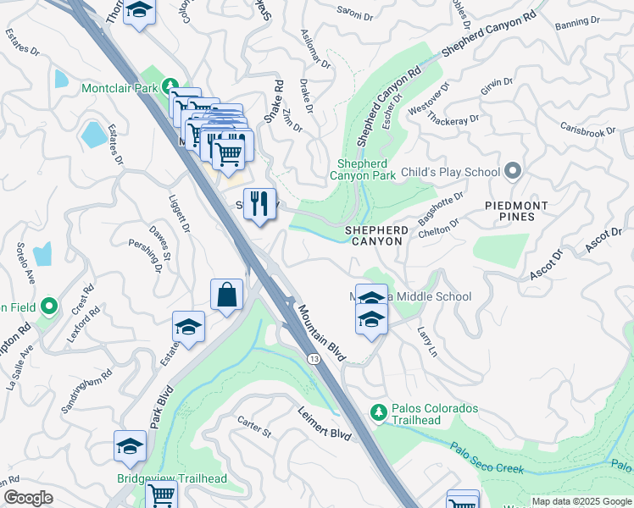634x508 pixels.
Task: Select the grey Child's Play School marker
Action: (512, 172)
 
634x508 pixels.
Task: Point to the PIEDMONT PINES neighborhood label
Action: (516, 211)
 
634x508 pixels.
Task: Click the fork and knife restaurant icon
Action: (259, 204)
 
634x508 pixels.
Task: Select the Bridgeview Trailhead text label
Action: (172, 478)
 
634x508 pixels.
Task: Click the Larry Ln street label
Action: (425, 342)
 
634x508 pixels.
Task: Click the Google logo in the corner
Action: (28, 498)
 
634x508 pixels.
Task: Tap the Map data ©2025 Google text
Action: (581, 501)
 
